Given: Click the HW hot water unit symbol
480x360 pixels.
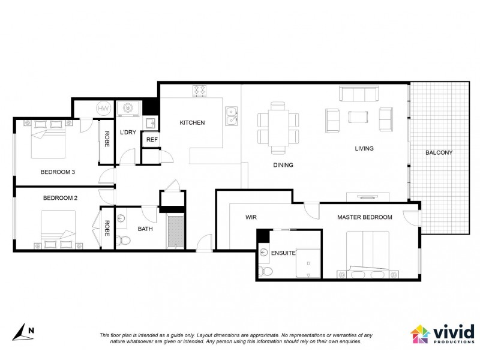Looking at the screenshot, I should tap(103, 108).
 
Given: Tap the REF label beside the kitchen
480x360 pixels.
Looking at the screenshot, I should tap(152, 139).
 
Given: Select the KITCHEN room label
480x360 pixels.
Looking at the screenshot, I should tap(192, 123).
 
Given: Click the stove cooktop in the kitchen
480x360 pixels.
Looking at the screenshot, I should tap(200, 91).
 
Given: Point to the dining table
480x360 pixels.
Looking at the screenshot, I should tap(278, 127).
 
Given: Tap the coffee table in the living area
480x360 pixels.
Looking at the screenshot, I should tap(359, 116).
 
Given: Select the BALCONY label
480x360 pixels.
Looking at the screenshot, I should tap(439, 152).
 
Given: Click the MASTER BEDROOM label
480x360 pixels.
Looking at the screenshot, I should tap(364, 217).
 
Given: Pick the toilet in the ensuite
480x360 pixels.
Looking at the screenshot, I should tap(266, 272).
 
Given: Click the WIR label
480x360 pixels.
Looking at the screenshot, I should tap(251, 217).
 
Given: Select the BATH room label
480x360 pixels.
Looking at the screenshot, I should tap(145, 229).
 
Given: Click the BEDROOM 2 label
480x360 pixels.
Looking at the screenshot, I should tap(60, 197).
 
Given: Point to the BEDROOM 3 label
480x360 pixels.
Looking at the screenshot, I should tap(58, 172).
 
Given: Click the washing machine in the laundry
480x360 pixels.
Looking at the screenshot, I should tap(128, 108).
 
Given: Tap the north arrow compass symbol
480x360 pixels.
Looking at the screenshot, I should tap(23, 332).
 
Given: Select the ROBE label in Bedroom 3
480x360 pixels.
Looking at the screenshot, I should tap(107, 140).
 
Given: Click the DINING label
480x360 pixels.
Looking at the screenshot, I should tap(283, 165).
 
